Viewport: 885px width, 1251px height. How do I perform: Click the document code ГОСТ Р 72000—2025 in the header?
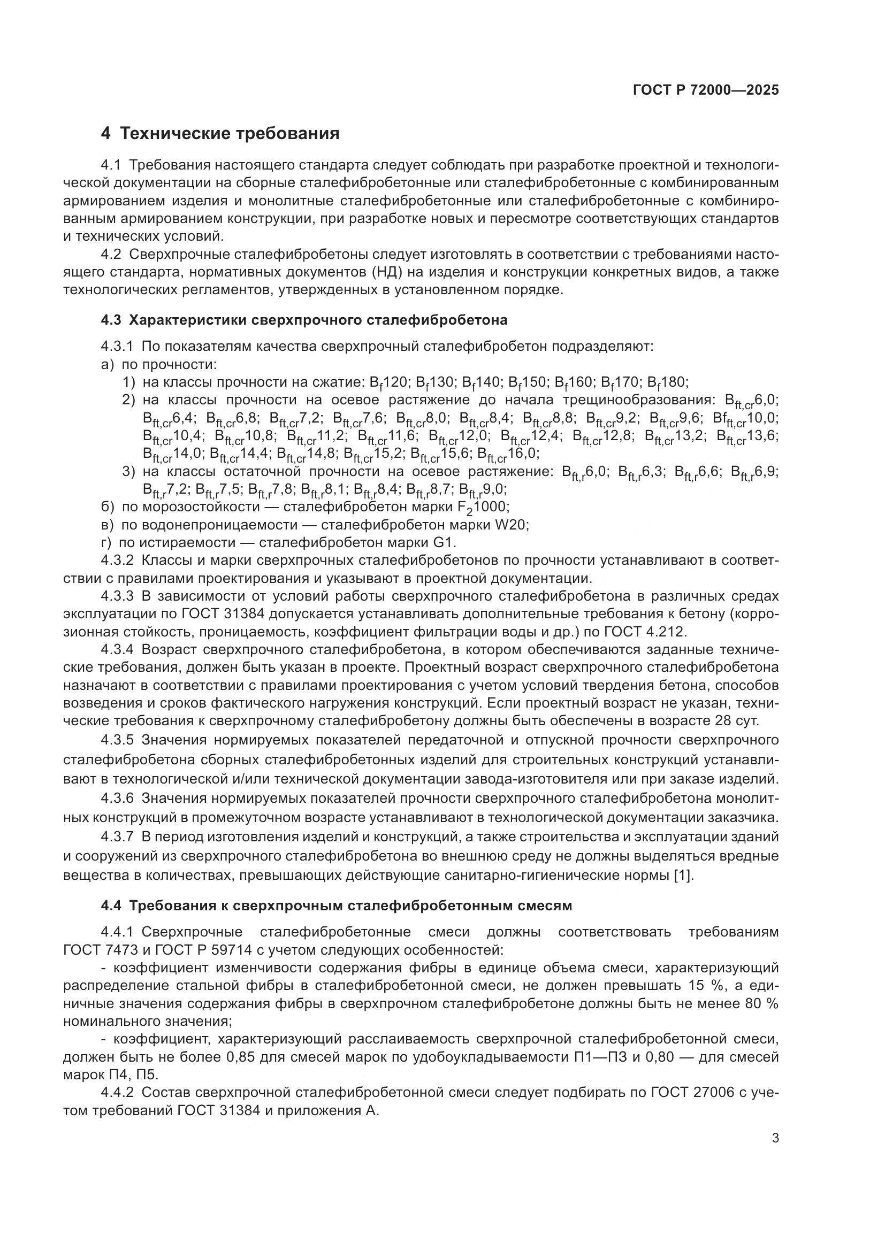pyautogui.click(x=705, y=90)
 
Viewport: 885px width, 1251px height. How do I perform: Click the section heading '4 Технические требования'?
pyautogui.click(x=220, y=133)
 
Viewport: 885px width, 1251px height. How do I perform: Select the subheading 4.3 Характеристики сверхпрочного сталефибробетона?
pyautogui.click(x=304, y=320)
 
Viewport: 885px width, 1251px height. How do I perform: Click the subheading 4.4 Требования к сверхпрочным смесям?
pyautogui.click(x=336, y=905)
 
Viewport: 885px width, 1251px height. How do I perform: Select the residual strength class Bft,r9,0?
pyautogui.click(x=483, y=489)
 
